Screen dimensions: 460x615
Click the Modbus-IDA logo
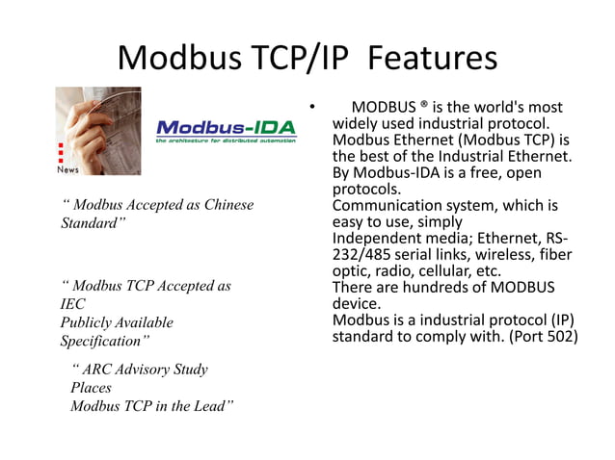pos(226,131)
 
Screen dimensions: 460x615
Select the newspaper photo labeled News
pos(97,131)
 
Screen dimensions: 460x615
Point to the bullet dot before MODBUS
pos(312,108)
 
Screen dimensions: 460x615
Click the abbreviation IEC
pos(73,304)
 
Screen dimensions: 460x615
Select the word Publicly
pos(88,322)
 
